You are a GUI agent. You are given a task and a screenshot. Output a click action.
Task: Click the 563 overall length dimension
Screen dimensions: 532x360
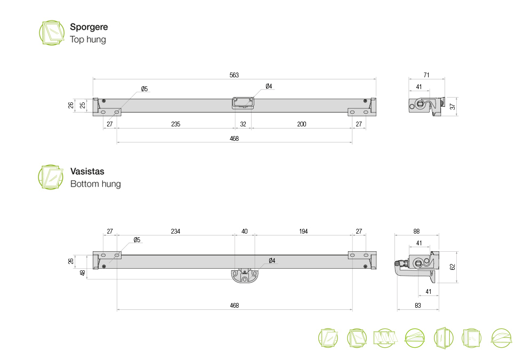[x=234, y=75]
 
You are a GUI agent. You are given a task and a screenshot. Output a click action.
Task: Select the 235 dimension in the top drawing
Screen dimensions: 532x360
[x=176, y=124]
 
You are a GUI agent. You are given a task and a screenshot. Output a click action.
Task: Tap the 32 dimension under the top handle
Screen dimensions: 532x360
[x=243, y=124]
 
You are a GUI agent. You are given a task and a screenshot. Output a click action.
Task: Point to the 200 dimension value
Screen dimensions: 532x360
[x=302, y=124]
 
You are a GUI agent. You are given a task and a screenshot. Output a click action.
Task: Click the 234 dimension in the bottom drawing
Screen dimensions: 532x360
[x=175, y=231]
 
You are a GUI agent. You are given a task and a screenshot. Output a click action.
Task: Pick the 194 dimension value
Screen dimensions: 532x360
[x=303, y=231]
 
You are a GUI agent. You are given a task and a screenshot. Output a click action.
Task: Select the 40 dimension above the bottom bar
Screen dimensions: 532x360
[x=245, y=231]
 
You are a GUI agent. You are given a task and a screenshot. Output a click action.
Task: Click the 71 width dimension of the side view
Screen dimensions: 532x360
[x=426, y=75]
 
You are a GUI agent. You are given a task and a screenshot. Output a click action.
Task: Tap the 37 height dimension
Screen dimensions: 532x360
[x=452, y=107]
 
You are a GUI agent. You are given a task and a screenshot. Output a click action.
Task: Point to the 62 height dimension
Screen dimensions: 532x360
[x=452, y=267]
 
